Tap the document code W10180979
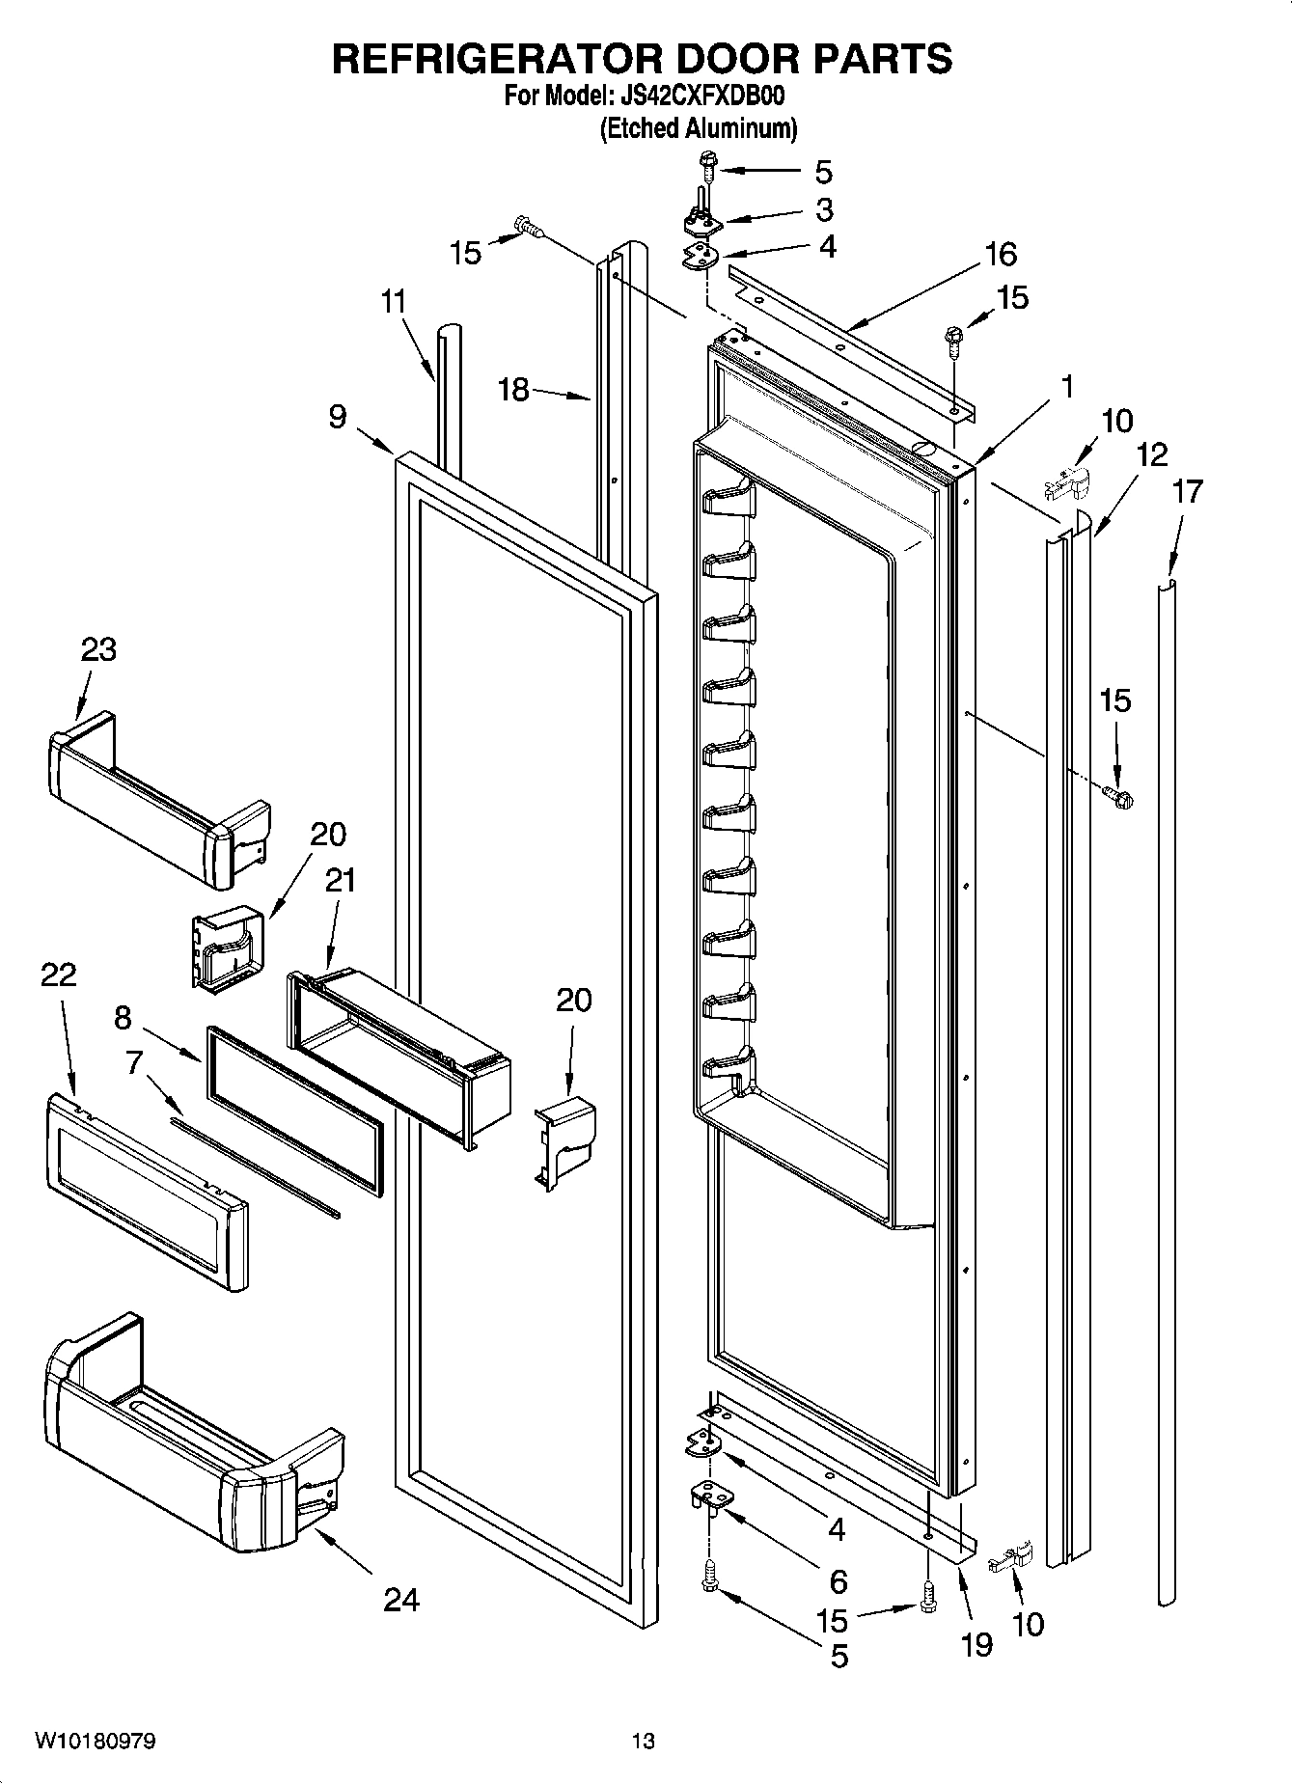click(96, 1741)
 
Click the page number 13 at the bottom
click(643, 1741)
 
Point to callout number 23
click(98, 649)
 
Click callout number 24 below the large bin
click(401, 1600)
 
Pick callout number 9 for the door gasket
click(337, 417)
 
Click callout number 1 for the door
click(1066, 387)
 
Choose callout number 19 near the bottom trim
click(976, 1644)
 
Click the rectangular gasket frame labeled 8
click(294, 1110)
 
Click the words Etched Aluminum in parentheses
click(699, 128)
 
